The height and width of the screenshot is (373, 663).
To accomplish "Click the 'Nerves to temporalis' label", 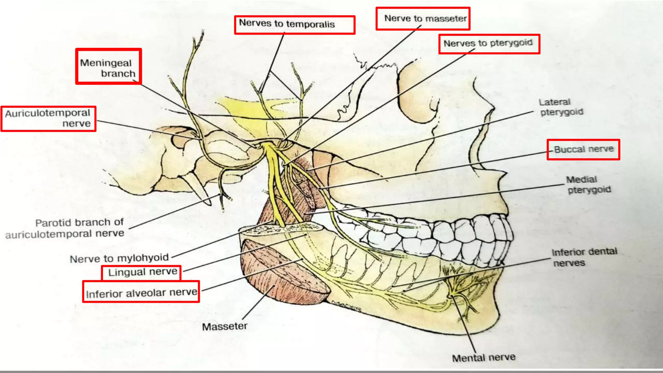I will point(287,24).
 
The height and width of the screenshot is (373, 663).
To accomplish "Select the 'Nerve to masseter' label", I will point(425,19).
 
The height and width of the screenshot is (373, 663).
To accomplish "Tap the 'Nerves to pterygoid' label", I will point(488,43).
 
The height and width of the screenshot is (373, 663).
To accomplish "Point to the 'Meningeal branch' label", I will point(108,68).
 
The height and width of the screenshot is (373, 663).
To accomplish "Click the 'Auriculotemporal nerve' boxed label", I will point(48,118).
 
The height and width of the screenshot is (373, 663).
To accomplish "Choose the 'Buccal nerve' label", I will point(584,149).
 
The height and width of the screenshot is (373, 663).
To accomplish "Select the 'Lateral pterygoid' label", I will point(561,107).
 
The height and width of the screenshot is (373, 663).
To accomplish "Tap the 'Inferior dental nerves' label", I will point(584,257).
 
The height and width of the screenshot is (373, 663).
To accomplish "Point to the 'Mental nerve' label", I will point(484,358).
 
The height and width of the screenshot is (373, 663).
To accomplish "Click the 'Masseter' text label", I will point(225,326).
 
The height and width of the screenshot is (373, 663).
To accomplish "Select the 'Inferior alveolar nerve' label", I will point(141,293).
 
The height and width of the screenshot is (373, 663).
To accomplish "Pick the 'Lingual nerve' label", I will point(142,272).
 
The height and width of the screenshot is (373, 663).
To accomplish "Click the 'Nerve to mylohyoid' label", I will point(119,258).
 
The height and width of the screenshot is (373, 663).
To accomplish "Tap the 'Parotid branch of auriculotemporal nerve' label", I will point(65,228).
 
